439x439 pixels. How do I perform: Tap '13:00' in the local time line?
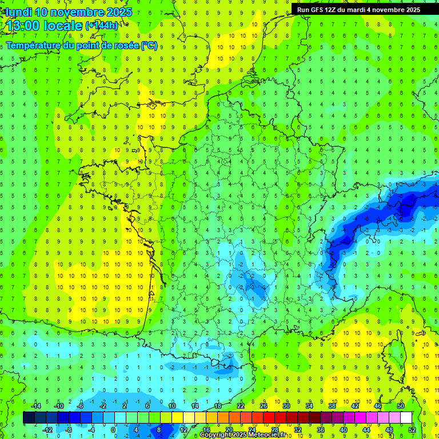(25, 26)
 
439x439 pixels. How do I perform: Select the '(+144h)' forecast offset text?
(102, 26)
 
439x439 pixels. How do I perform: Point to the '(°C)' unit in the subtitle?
(149, 45)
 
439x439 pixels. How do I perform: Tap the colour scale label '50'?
(401, 406)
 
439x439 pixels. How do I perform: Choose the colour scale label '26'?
(264, 406)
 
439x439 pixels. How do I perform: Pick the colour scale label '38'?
(332, 406)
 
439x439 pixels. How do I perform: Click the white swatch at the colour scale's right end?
(406, 418)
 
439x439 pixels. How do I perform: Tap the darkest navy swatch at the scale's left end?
(29, 418)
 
